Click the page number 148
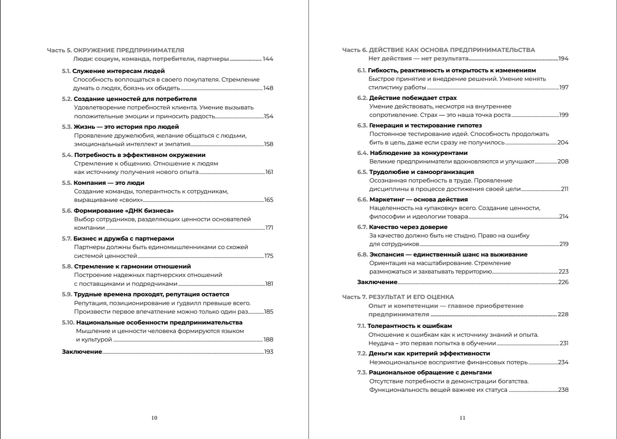(268, 88)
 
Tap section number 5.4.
(67, 155)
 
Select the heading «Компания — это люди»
(109, 183)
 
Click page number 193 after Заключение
(269, 352)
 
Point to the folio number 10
(154, 418)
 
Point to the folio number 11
(462, 418)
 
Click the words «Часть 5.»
(59, 50)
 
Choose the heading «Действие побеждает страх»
(413, 98)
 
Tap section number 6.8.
(362, 254)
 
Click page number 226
(563, 282)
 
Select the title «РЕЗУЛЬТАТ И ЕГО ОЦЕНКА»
(411, 297)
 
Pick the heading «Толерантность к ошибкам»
(410, 326)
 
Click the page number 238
(563, 390)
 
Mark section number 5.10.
(68, 322)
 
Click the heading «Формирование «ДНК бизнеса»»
(124, 211)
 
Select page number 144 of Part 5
(268, 59)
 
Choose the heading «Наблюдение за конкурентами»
(418, 153)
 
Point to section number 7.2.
(362, 353)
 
